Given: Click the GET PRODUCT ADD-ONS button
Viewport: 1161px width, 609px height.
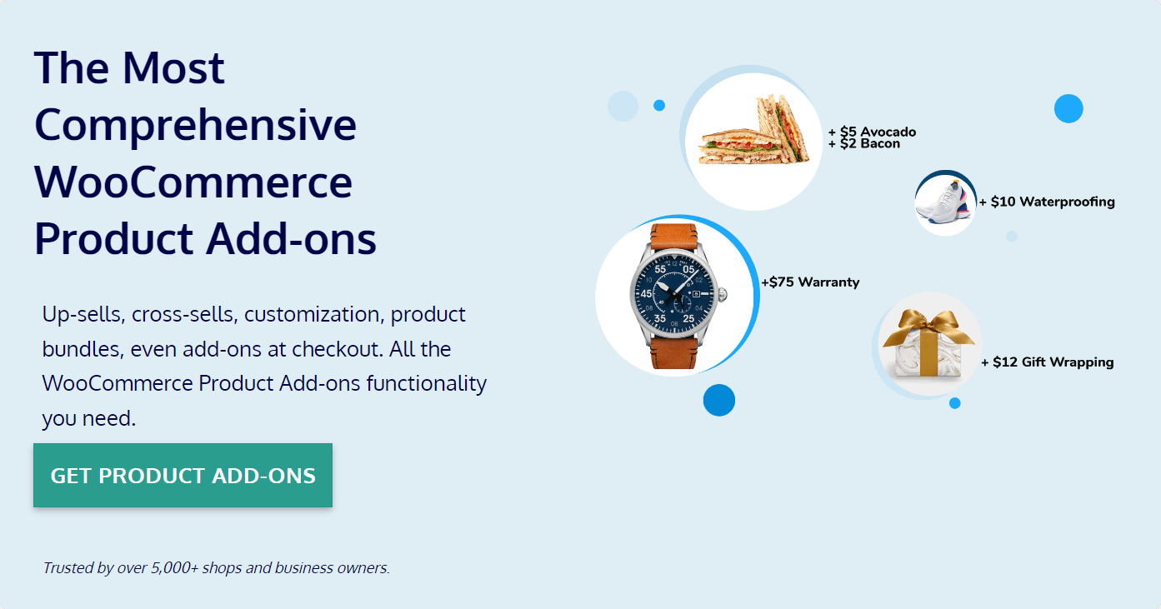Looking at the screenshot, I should coord(183,476).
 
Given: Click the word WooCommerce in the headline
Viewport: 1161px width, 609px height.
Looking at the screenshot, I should coord(193,182).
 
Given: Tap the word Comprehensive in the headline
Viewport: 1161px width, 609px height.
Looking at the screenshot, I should coord(195,125).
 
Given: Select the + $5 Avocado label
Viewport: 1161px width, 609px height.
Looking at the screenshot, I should coord(873,132).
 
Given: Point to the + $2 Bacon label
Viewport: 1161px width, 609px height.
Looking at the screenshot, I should coord(864,144).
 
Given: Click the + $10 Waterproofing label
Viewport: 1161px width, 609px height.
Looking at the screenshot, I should coord(1047,202).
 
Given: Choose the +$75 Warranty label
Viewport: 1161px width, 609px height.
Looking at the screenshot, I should coord(810,282).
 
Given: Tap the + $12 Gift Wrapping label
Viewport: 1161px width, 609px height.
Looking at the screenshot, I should coord(1048,362).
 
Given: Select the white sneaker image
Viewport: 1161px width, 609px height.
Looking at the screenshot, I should coord(943,203).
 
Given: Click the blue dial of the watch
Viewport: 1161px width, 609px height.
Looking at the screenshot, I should coord(673,295).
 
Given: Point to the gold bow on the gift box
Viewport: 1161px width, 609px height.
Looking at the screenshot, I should coord(927,328).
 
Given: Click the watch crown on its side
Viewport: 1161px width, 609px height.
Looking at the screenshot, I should coord(723,294).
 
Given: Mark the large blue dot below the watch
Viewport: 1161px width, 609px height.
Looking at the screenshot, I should coord(718,400).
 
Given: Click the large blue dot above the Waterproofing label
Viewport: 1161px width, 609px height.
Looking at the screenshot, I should coord(1068,109).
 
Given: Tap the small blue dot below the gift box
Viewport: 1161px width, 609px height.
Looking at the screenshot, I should coord(954,403).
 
